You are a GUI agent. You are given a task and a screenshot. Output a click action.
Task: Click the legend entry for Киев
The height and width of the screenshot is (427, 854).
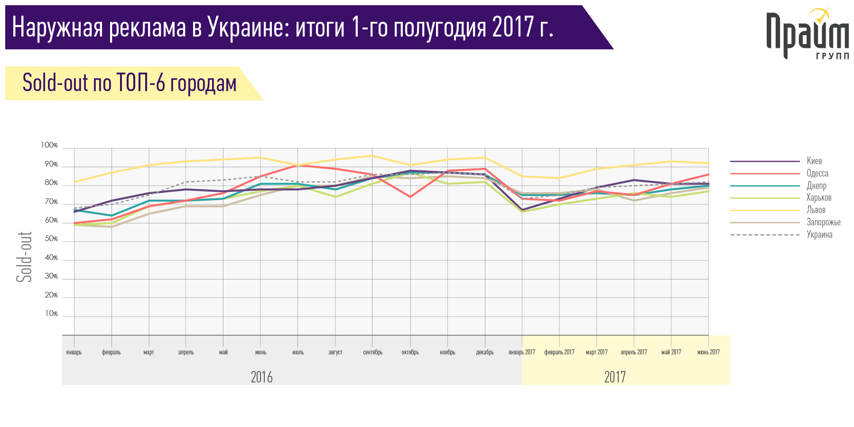point(814,161)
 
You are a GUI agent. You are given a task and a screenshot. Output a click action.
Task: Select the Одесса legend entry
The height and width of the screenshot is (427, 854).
point(817,173)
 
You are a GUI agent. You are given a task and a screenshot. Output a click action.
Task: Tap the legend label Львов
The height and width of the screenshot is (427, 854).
point(816,210)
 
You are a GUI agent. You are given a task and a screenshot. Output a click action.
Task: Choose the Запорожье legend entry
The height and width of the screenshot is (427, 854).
point(823,222)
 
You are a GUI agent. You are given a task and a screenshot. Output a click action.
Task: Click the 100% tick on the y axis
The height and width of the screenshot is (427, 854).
point(49,145)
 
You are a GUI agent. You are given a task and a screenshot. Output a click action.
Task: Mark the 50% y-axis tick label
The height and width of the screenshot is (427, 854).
point(51,239)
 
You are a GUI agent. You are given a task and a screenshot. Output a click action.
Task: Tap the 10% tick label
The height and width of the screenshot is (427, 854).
point(51,314)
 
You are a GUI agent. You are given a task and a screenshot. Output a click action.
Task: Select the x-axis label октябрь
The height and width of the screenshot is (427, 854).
point(410,352)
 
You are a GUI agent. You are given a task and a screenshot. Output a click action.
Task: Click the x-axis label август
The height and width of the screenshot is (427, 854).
point(335,352)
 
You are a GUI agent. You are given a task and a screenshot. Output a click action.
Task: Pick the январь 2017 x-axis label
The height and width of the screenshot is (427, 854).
point(521,352)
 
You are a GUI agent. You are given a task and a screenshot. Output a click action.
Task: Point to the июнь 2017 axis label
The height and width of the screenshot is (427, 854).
point(708,352)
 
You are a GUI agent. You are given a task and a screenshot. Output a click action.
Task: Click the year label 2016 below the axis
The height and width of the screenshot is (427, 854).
point(261,377)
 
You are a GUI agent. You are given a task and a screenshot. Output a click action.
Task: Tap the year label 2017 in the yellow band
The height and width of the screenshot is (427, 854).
point(615,377)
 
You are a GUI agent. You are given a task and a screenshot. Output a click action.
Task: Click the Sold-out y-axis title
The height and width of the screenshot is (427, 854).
point(25,257)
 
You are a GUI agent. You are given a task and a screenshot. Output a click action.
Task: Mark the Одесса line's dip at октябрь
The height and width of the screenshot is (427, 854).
point(410,196)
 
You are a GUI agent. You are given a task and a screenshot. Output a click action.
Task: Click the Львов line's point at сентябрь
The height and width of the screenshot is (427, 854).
point(372,156)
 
